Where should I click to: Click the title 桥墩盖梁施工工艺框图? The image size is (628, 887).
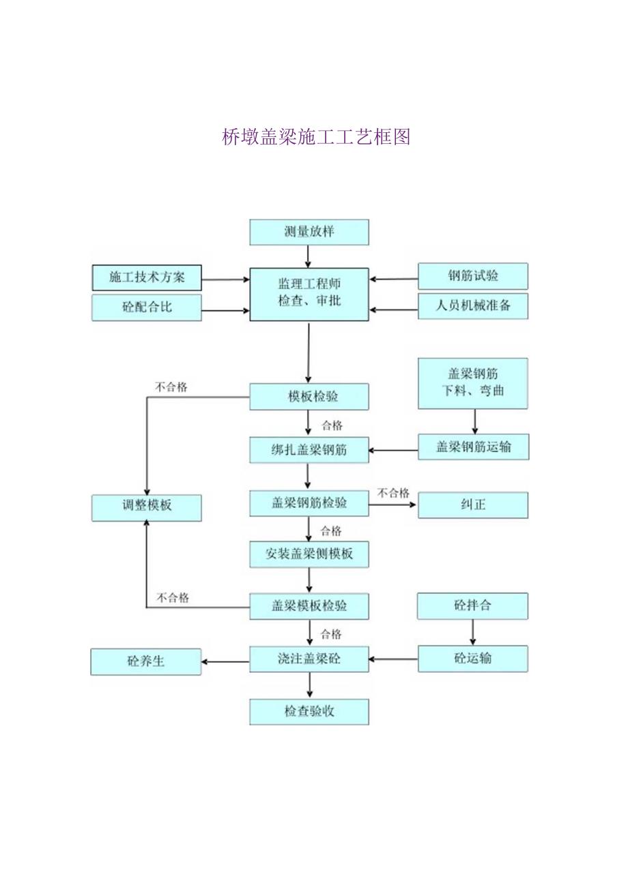click(x=316, y=137)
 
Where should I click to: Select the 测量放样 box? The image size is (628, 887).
click(x=309, y=232)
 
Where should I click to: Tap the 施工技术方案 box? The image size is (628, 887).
click(x=147, y=277)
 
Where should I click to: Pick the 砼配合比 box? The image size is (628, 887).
click(x=147, y=307)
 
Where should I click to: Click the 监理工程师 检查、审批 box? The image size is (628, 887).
click(x=309, y=294)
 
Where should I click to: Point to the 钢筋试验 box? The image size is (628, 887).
click(x=473, y=276)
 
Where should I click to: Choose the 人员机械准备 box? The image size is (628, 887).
click(x=473, y=306)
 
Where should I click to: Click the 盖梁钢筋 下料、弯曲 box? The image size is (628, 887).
click(x=473, y=383)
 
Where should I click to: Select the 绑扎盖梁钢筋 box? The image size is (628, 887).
click(x=309, y=450)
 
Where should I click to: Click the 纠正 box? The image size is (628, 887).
click(x=473, y=505)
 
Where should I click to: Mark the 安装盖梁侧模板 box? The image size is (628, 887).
click(x=309, y=554)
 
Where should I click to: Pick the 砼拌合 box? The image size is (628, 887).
click(x=473, y=605)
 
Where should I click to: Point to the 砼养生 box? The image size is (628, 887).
click(x=146, y=661)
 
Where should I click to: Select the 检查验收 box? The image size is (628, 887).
click(x=309, y=711)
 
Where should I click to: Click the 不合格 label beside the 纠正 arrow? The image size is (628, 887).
click(x=394, y=493)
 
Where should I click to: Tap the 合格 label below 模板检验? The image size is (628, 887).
click(x=332, y=425)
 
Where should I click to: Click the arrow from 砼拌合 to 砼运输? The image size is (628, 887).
click(x=472, y=632)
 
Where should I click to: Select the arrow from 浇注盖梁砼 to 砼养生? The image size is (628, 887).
click(x=225, y=661)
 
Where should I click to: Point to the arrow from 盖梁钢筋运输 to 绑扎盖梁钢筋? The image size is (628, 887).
click(x=393, y=450)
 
